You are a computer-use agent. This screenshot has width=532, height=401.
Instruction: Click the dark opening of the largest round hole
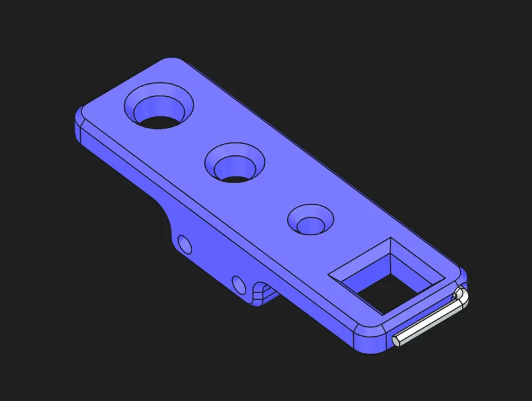tap(156, 119)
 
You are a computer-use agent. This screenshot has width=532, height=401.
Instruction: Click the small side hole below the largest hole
tap(185, 244)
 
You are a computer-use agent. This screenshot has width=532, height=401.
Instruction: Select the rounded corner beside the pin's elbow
tap(460, 276)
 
